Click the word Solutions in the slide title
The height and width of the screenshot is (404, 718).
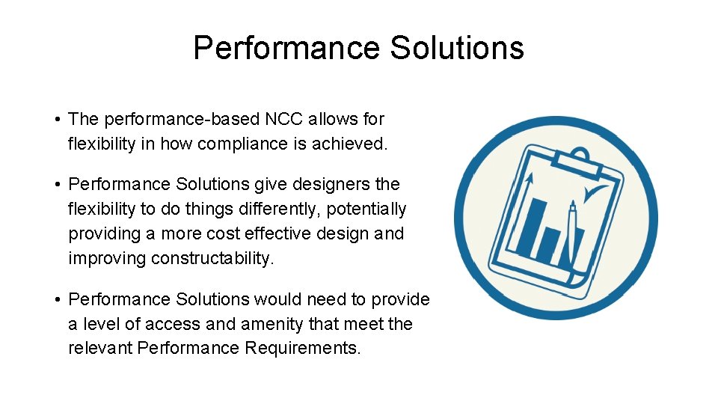tap(457, 49)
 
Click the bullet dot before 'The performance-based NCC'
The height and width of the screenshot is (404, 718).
tap(57, 120)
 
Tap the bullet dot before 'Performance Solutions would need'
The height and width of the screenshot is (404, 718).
tap(57, 300)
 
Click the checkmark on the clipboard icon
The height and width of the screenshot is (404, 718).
tap(596, 195)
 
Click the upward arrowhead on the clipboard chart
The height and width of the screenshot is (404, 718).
tap(530, 180)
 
